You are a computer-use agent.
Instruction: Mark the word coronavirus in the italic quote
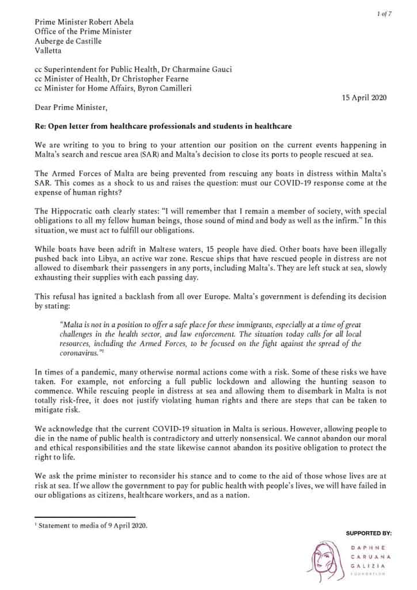click(x=78, y=353)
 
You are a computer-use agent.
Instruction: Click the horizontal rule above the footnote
click(x=85, y=517)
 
